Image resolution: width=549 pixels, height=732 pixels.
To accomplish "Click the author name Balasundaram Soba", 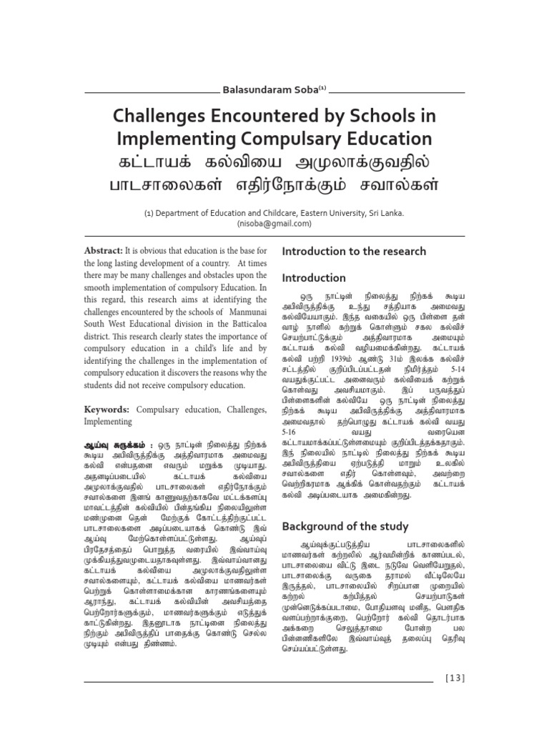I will (x=269, y=89).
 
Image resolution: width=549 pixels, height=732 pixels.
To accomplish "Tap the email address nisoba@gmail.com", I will (x=274, y=223).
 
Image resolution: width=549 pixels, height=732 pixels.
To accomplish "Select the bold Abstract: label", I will (x=104, y=252).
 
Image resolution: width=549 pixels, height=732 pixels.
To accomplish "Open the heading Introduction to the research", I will (x=354, y=252).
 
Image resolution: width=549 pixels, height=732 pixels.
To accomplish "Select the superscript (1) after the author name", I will (x=322, y=88).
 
